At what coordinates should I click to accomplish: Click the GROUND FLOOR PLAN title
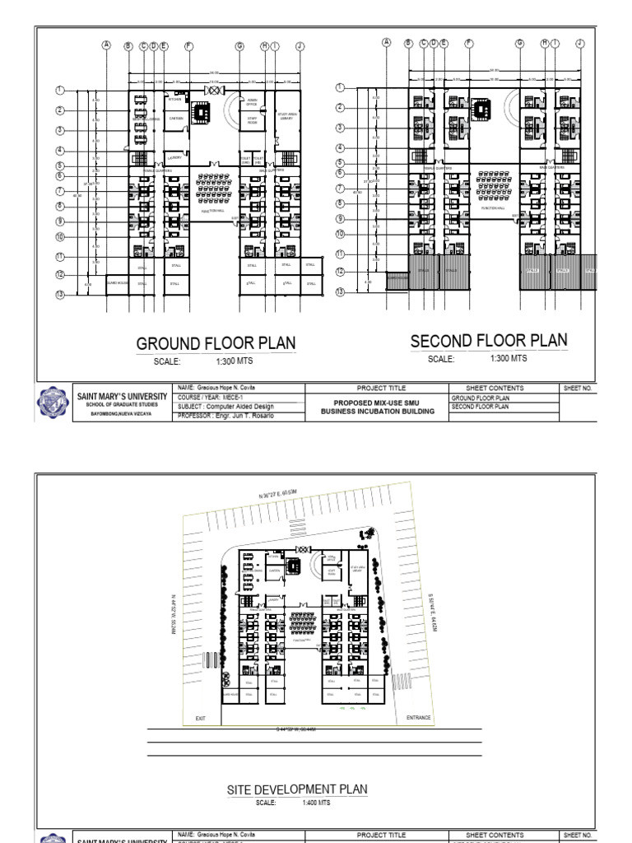(216, 343)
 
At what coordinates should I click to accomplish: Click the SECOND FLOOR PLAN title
(489, 341)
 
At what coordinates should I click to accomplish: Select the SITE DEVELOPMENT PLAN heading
(297, 789)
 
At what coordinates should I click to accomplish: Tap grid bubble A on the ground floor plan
(106, 46)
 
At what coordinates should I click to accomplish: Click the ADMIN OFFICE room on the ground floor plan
(252, 103)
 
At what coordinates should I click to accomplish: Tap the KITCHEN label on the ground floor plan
(174, 100)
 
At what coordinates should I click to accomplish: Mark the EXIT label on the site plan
(200, 719)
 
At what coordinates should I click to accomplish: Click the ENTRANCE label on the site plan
(418, 718)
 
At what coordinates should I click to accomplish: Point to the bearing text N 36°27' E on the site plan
(276, 493)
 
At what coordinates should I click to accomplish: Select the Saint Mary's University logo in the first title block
(54, 402)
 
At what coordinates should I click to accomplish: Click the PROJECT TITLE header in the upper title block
(375, 388)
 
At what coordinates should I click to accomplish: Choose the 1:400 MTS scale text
(316, 803)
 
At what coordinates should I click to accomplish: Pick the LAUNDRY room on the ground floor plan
(174, 156)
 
